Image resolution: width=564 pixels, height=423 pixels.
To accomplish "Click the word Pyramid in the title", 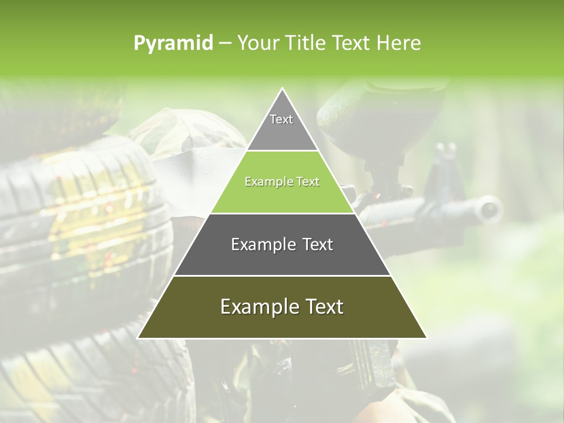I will point(173,43).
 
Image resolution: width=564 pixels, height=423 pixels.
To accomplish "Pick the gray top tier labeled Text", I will point(282,123).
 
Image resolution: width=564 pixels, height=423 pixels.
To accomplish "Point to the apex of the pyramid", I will point(282,89).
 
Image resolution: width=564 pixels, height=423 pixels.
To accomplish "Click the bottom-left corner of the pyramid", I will point(139,338).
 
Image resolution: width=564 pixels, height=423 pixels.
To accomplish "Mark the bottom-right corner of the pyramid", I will point(426,338).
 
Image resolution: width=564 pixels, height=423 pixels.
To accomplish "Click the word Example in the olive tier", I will point(256,307).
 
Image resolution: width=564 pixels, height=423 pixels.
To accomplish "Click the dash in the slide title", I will point(224,43).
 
